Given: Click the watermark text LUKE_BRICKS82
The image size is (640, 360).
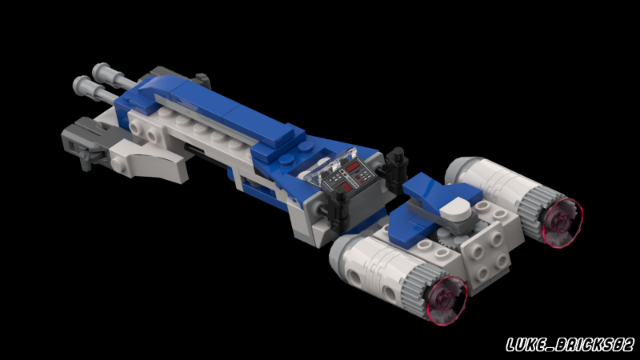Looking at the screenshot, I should coord(570,345).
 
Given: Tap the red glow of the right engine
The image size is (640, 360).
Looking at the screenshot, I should coord(562,221).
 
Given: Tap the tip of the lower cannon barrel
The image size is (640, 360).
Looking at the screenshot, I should coord(80,82).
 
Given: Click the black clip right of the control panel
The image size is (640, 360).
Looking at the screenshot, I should coord(394,167).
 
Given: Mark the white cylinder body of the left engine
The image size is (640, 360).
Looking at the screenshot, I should coord(376,268).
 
